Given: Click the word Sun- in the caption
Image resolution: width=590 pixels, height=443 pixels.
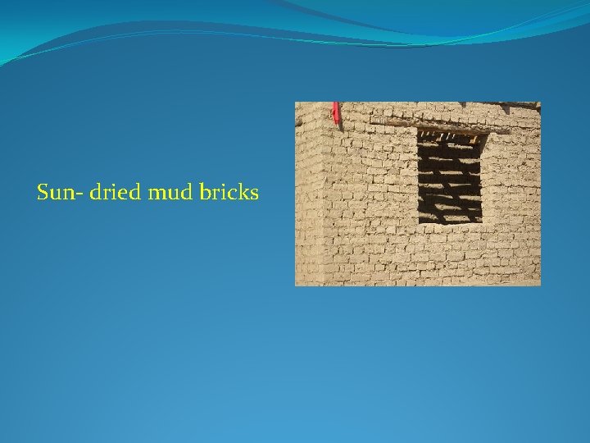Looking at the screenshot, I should point(57,193).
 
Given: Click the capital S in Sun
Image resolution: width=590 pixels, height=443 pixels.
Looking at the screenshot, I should point(43,193).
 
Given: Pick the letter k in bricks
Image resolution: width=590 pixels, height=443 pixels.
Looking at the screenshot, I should point(243,193).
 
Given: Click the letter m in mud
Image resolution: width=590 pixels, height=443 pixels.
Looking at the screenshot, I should point(156,194).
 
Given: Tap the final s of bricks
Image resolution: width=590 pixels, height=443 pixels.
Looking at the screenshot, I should point(255,194).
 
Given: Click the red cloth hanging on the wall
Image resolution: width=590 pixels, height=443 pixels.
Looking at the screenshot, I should point(335,112).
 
